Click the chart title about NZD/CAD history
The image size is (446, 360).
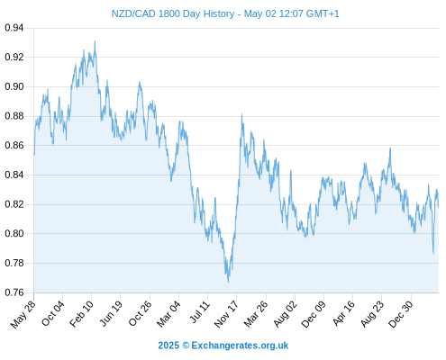[225, 13]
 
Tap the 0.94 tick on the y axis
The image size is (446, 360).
[14, 28]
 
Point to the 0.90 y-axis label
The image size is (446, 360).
[14, 86]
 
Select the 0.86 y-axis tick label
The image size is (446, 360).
[14, 146]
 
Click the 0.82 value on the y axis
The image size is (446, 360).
[14, 204]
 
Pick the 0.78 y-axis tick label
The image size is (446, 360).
[14, 263]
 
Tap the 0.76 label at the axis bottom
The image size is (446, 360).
[14, 292]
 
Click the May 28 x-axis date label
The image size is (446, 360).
[23, 314]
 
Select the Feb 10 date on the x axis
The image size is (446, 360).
[81, 314]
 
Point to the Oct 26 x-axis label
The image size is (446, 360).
[141, 314]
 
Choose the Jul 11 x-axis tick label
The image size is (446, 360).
[200, 312]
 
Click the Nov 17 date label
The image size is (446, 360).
[226, 314]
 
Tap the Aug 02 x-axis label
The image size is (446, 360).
[286, 314]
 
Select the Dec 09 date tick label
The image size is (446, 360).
[314, 314]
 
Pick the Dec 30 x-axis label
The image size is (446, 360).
[401, 314]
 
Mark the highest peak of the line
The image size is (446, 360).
[95, 41]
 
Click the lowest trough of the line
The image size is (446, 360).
[228, 282]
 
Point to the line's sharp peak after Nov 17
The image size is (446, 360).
[242, 114]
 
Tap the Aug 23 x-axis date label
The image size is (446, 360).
[372, 314]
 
